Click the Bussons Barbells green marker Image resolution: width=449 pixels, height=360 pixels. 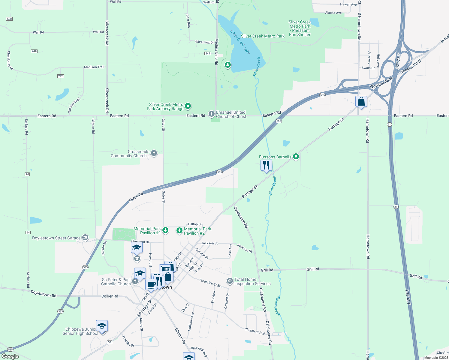296,156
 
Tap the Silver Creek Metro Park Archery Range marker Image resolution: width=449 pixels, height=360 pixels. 188,106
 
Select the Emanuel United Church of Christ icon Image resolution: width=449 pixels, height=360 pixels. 211,114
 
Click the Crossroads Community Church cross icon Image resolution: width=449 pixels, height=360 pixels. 154,153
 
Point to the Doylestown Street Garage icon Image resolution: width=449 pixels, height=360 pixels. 85,238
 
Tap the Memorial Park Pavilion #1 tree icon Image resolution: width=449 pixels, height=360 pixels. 165,230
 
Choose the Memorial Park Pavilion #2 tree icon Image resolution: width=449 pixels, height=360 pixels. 179,230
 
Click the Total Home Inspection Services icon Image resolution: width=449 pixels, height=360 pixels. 230,281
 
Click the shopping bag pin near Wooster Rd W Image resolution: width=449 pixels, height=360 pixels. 361,102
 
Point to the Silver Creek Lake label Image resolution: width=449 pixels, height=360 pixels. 240,42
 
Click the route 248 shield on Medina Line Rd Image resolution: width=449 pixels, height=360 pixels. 208,53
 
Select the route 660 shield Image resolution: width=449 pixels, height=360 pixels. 9,19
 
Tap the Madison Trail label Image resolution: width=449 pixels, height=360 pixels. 94,67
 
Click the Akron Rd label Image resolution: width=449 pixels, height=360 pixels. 136,197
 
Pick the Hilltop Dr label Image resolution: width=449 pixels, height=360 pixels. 195,224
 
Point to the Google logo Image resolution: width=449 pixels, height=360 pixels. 10,356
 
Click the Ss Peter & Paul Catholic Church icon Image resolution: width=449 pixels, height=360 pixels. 135,281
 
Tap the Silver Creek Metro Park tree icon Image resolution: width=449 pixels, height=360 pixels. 228,64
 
